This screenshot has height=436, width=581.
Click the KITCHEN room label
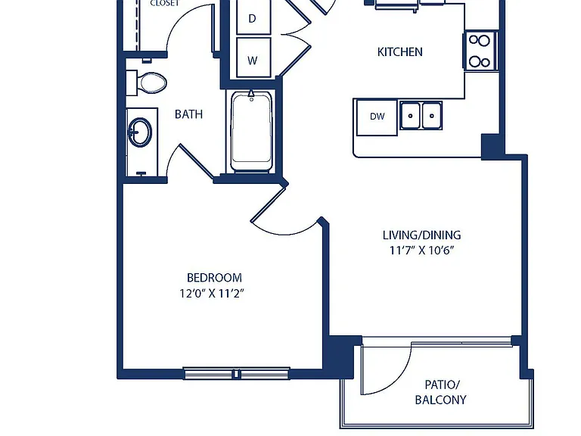coord(399,52)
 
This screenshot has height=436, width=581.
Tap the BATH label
coord(188,114)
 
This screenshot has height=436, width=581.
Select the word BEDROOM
coord(214,278)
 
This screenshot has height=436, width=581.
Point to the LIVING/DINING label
coord(421,235)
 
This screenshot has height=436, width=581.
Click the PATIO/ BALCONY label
coord(440,392)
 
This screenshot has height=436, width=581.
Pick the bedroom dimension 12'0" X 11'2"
coord(212,294)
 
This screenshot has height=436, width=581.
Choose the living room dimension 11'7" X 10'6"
coord(421,251)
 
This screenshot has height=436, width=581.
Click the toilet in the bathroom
coord(146,83)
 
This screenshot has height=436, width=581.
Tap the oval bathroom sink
coord(140,132)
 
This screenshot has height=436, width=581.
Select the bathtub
coord(252,132)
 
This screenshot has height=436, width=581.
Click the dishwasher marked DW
coord(377,117)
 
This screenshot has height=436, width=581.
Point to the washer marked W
coord(253,58)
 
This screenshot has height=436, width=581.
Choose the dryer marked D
coord(253,17)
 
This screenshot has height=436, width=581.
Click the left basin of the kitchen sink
coord(410,115)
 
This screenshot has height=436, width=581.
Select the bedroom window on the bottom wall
coord(236,373)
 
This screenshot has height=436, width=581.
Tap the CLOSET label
coord(164,3)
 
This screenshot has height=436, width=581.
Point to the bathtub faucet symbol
coord(252,95)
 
